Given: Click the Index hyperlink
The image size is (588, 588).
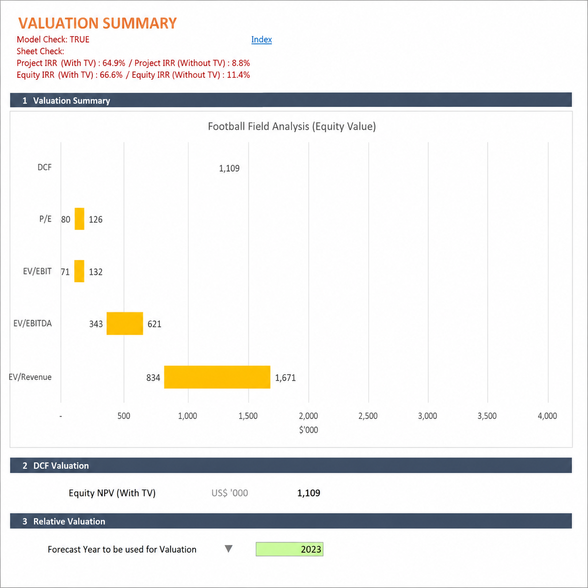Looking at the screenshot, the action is pos(262,40).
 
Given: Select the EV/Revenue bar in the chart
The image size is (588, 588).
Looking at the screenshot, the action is pos(217,377).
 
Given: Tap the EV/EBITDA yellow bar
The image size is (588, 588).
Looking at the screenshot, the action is pos(125,324).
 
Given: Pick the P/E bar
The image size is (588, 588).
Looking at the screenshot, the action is pos(79,219).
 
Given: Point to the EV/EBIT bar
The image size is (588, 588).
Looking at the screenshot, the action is pos(79,271).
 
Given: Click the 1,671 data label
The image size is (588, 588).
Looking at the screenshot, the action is pos(285,378).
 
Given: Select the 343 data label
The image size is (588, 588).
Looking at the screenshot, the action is pos(96,324).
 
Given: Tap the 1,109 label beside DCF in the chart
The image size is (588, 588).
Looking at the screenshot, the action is pos(229,168).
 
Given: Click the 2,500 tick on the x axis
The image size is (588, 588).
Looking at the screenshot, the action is pos(368,416).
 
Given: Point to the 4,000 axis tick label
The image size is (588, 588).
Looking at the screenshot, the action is pos(547,416).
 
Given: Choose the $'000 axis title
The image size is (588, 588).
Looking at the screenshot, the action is pos(309,430).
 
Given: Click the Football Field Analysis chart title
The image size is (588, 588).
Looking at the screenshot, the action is pos(292,126).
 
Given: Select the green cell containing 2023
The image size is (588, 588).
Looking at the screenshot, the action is pos(290,549).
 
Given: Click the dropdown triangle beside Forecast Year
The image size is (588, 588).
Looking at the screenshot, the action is pos(228,549).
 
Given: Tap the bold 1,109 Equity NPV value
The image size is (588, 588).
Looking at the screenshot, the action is pos(309,493).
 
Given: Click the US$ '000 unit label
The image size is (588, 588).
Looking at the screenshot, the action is pos(230,493).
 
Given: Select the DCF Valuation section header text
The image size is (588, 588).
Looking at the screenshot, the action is pos(61,466).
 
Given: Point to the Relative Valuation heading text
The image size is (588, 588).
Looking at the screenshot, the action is pos(69,521).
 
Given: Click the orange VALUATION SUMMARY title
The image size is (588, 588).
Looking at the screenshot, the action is pos(98,23).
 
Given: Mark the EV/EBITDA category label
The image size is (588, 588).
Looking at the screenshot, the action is pos(33,324).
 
